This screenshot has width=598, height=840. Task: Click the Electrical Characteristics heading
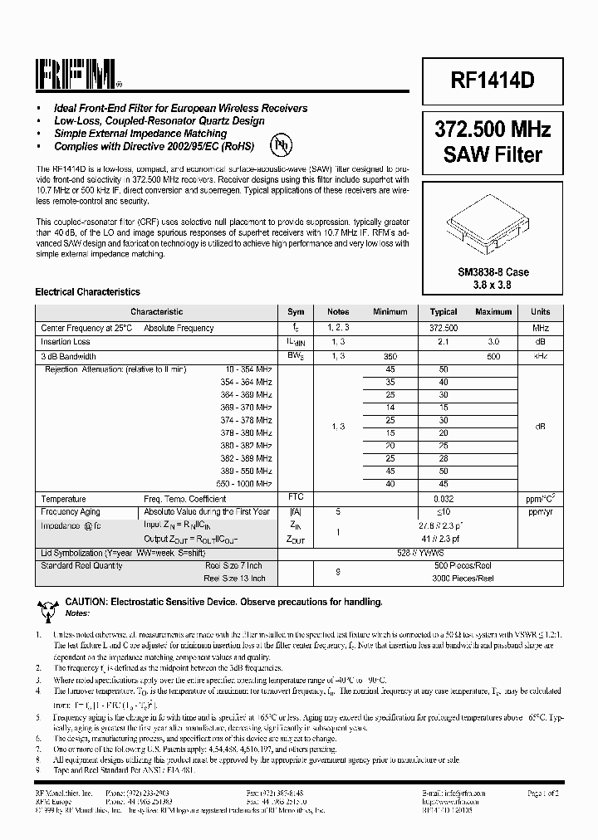pyautogui.click(x=87, y=292)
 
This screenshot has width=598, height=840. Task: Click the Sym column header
pyautogui.click(x=296, y=312)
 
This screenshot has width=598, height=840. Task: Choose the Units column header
pyautogui.click(x=540, y=312)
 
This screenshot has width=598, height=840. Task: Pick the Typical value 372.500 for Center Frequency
pyautogui.click(x=444, y=328)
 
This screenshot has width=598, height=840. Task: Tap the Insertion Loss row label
pyautogui.click(x=66, y=341)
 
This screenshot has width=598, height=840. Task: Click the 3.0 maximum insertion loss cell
pyautogui.click(x=493, y=341)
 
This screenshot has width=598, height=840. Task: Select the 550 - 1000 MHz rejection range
pyautogui.click(x=245, y=483)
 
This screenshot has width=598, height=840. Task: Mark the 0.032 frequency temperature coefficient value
pyautogui.click(x=444, y=498)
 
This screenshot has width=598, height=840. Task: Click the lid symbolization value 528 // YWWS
pyautogui.click(x=444, y=552)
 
